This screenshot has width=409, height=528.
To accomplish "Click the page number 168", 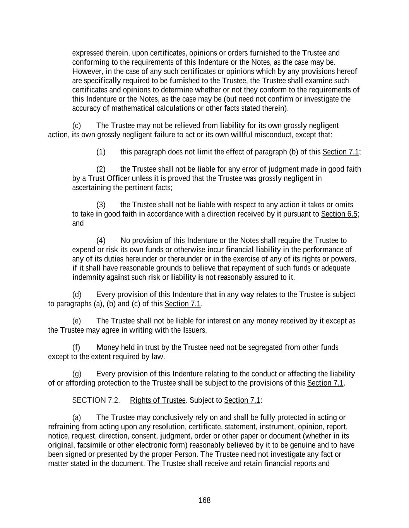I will click(204, 501).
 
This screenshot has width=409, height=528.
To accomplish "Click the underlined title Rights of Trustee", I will click(158, 400).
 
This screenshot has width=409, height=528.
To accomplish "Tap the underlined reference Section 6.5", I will click(339, 214).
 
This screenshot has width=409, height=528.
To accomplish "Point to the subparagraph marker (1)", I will click(101, 152).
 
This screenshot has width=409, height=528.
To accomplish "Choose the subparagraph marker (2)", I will click(101, 169).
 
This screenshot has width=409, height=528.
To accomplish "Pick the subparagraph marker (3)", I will click(101, 205).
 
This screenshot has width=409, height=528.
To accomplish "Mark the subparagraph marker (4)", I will click(101, 241).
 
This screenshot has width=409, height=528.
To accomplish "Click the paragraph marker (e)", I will click(77, 321).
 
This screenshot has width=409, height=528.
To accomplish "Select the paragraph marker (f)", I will click(76, 347).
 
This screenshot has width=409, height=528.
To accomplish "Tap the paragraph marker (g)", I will click(77, 374).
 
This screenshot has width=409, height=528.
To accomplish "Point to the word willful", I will click(241, 135).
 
